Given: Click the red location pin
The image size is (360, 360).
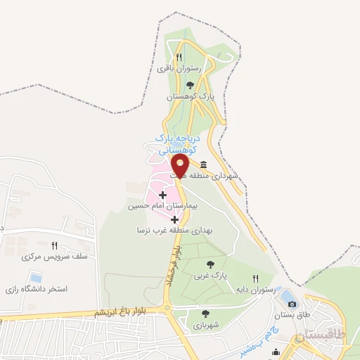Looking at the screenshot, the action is [x=180, y=166].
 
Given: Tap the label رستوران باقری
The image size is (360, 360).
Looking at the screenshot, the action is [x=179, y=68].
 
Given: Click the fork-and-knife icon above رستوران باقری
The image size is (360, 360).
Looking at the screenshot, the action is [x=179, y=58].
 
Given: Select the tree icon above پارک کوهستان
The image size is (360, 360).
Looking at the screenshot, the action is [x=189, y=85].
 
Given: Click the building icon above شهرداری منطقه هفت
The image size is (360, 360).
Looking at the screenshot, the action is [x=204, y=165].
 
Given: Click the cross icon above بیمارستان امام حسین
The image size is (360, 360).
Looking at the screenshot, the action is [x=163, y=195].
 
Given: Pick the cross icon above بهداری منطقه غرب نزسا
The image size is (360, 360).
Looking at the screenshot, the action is [x=174, y=219].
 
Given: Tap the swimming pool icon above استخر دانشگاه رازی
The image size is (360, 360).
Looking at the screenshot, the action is [x=37, y=276].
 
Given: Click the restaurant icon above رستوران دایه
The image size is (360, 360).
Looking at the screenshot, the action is [x=255, y=278].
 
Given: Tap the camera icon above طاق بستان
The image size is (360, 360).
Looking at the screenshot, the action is [x=292, y=304].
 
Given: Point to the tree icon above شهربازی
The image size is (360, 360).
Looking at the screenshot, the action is [x=205, y=314].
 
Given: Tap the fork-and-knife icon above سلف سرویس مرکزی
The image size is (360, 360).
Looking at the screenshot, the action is [x=54, y=245].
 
